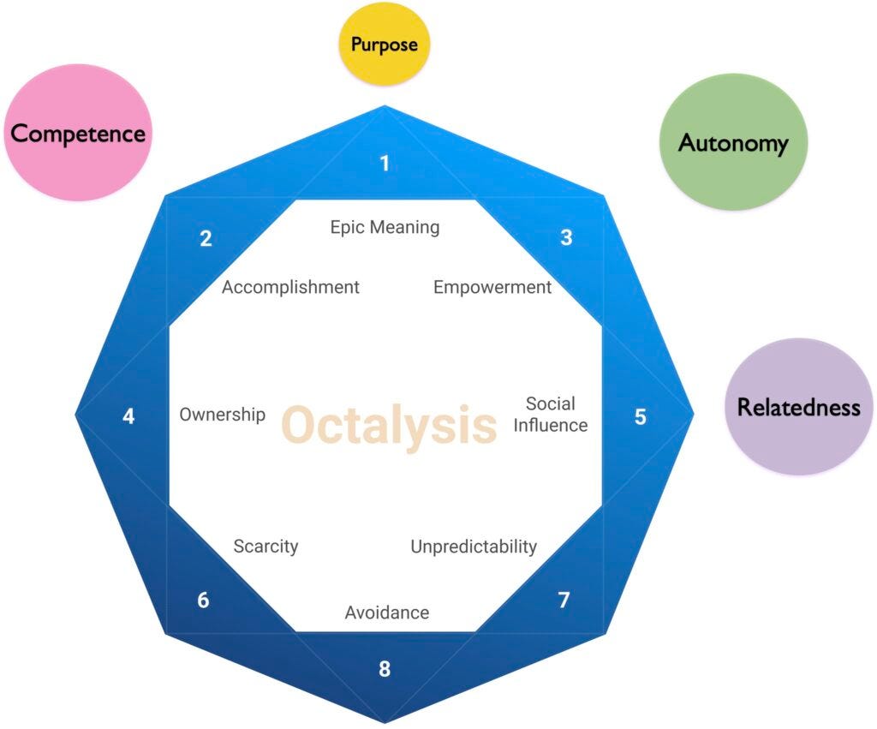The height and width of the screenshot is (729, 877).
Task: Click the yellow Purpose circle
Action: (x=385, y=44)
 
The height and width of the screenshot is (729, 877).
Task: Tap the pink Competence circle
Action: (x=78, y=134)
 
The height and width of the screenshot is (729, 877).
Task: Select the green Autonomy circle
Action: (x=733, y=142)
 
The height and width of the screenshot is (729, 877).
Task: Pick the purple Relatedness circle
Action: (x=798, y=407)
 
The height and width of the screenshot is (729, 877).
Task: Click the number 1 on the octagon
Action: (x=385, y=163)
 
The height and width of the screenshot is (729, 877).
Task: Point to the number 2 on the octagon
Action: (x=206, y=239)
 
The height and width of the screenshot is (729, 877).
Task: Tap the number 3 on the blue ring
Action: (x=566, y=237)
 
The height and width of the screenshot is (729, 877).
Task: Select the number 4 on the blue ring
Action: (x=128, y=417)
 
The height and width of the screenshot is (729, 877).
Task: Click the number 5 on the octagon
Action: (x=641, y=417)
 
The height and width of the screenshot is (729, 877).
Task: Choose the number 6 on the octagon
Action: (x=203, y=601)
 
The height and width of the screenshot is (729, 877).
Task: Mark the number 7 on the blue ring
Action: (x=564, y=601)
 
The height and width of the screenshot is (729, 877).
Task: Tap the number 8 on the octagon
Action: (x=385, y=668)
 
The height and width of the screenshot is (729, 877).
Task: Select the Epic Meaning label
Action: (x=385, y=227)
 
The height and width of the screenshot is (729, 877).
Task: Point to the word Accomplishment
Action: (x=290, y=287)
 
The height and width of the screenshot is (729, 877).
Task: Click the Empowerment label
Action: (x=492, y=287)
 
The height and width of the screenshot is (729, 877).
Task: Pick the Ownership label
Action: (x=223, y=415)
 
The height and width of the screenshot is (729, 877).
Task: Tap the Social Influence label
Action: (x=550, y=414)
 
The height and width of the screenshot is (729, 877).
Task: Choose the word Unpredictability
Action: (x=474, y=547)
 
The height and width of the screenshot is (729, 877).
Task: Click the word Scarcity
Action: (x=265, y=547)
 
